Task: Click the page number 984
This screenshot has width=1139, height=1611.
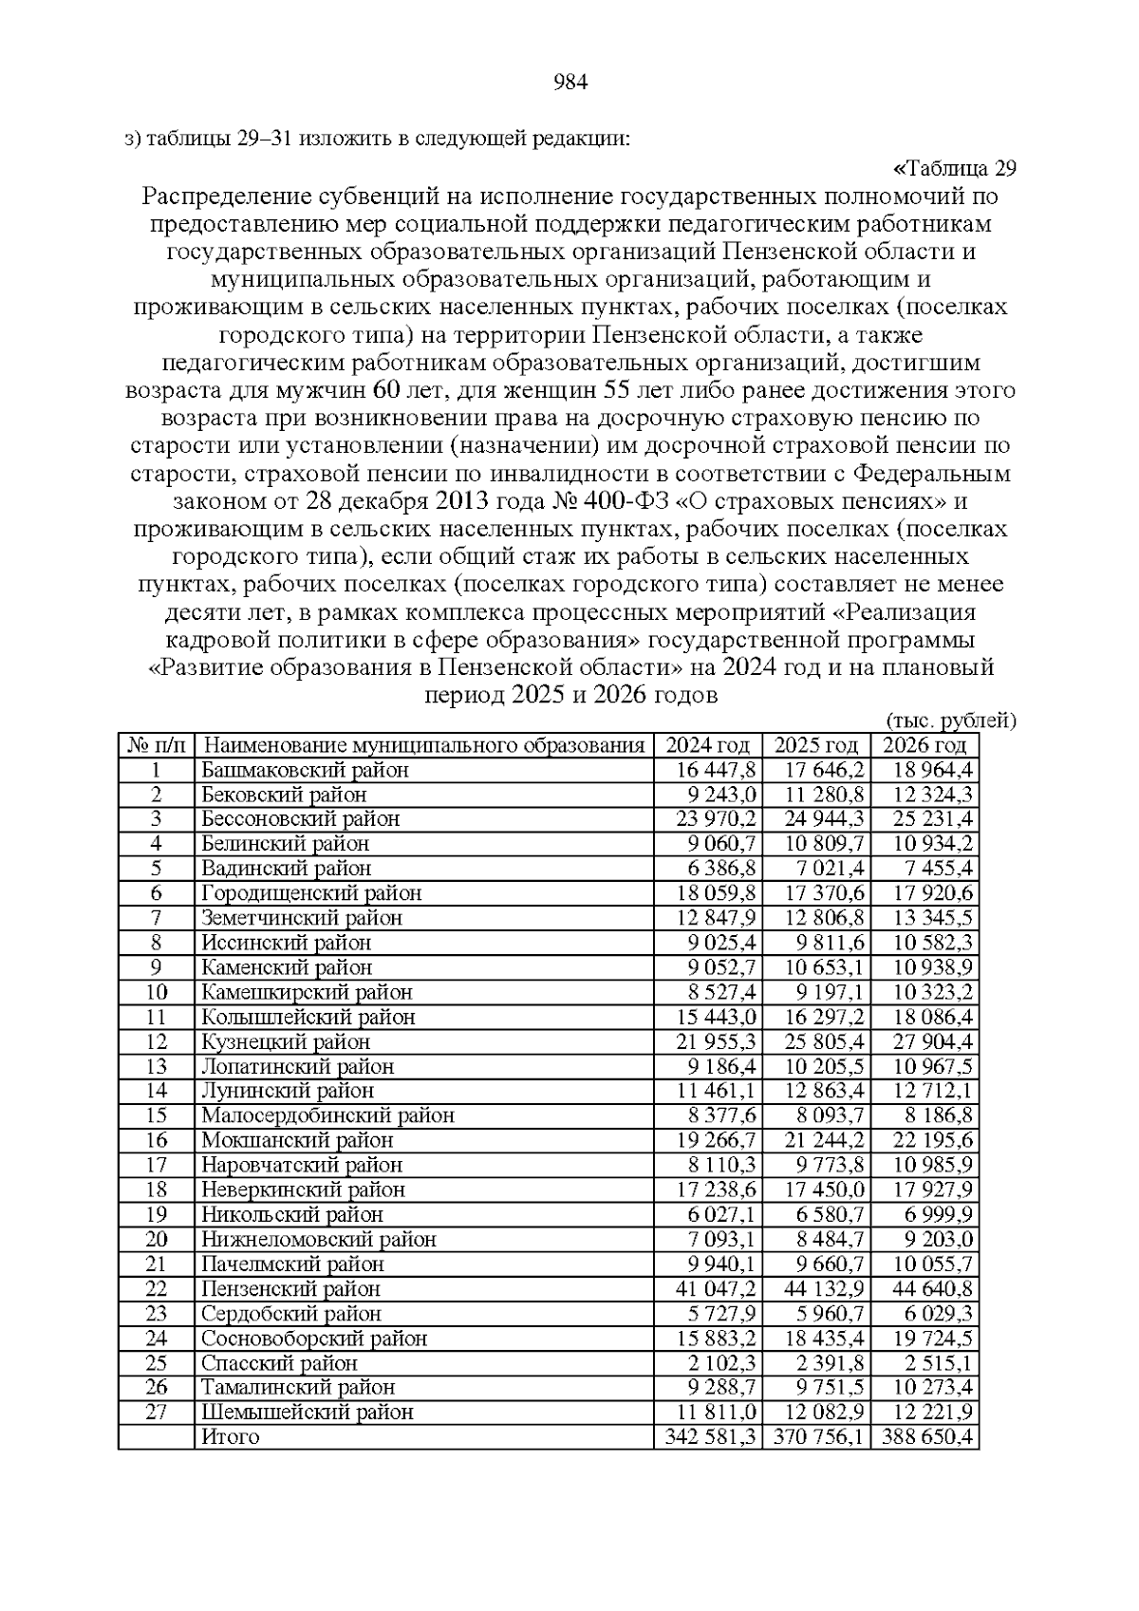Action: pyautogui.click(x=570, y=83)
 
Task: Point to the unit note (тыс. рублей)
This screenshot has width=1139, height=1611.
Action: pyautogui.click(x=950, y=721)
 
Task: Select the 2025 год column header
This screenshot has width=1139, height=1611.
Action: pyautogui.click(x=815, y=745)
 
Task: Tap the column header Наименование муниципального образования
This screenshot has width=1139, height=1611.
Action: pyautogui.click(x=423, y=745)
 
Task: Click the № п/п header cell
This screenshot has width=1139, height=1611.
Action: pyautogui.click(x=157, y=745)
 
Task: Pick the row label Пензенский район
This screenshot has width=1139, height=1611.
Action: pyautogui.click(x=290, y=1289)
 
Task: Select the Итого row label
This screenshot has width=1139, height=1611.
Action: pyautogui.click(x=231, y=1437)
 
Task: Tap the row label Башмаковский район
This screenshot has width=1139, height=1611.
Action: pyautogui.click(x=305, y=770)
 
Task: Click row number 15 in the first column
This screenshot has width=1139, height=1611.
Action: pyautogui.click(x=157, y=1116)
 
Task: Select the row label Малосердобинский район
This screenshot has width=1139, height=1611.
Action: pyautogui.click(x=327, y=1116)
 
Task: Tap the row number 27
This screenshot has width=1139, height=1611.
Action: pyautogui.click(x=157, y=1413)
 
